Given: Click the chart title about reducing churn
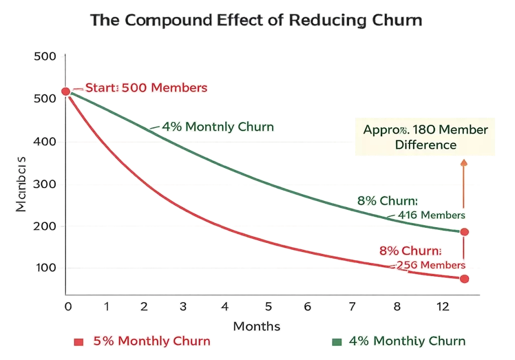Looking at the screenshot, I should pos(257,21).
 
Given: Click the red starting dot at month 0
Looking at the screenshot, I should pos(66,91).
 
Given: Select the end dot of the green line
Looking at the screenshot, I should pos(464,232).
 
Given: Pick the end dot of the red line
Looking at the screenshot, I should pos(464,279).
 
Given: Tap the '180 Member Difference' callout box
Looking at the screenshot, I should pos(425,137).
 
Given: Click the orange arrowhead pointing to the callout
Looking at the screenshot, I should pos(464,162).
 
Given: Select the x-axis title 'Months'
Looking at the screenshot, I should pos(256,326).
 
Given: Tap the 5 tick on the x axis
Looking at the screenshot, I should pos(269,306).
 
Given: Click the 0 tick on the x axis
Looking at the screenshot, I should pos(66,306).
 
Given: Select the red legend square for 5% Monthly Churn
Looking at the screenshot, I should pos(78,342).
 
